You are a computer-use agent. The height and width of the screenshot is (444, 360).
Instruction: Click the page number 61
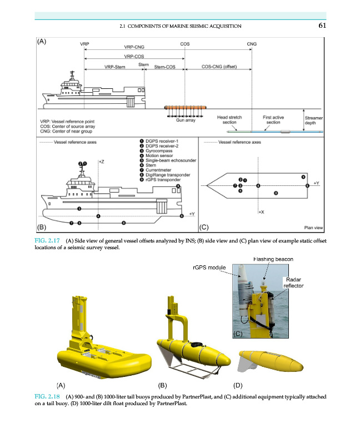tap(322, 26)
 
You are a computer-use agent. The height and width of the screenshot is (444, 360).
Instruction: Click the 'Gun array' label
tap(185, 120)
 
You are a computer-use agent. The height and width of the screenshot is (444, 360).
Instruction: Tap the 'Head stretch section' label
tap(230, 120)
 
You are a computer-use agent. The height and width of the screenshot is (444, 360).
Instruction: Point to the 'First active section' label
tap(273, 120)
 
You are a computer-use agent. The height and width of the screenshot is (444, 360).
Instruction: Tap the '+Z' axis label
tap(102, 161)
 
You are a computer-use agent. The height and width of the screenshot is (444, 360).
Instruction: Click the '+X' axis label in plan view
tap(261, 212)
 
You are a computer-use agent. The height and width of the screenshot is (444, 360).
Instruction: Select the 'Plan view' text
tap(314, 227)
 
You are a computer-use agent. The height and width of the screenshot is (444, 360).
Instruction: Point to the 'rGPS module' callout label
tap(208, 268)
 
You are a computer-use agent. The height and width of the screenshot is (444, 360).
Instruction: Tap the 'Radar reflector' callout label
tap(293, 282)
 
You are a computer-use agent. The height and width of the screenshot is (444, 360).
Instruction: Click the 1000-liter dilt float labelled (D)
tap(269, 361)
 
